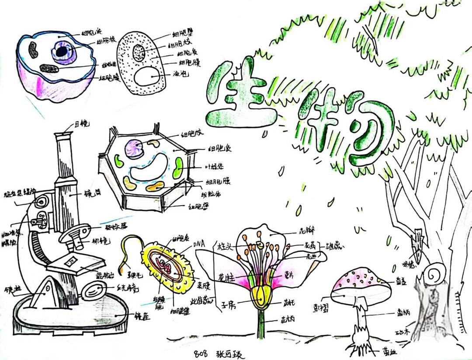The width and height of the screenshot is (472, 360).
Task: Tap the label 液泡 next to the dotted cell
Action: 181,75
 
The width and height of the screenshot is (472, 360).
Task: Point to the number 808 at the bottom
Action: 201,353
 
